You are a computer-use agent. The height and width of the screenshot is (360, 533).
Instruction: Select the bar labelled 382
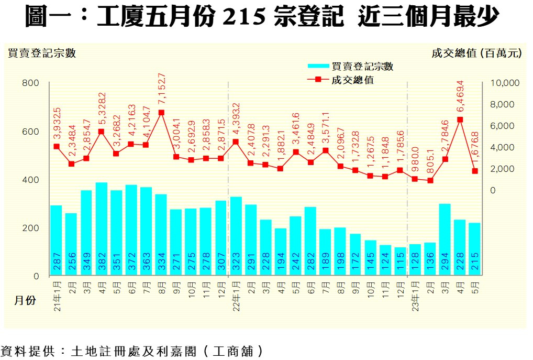pyautogui.click(x=101, y=228)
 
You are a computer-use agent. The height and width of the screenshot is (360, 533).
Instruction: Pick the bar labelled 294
pyautogui.click(x=445, y=239)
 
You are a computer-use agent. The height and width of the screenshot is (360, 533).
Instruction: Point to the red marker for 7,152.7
pyautogui.click(x=161, y=113)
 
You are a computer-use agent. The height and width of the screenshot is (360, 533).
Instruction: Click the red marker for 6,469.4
pyautogui.click(x=460, y=119)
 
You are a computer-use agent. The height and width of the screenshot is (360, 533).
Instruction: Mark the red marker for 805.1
pyautogui.click(x=430, y=180)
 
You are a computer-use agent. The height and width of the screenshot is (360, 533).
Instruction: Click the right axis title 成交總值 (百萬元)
pyautogui.click(x=476, y=53)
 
